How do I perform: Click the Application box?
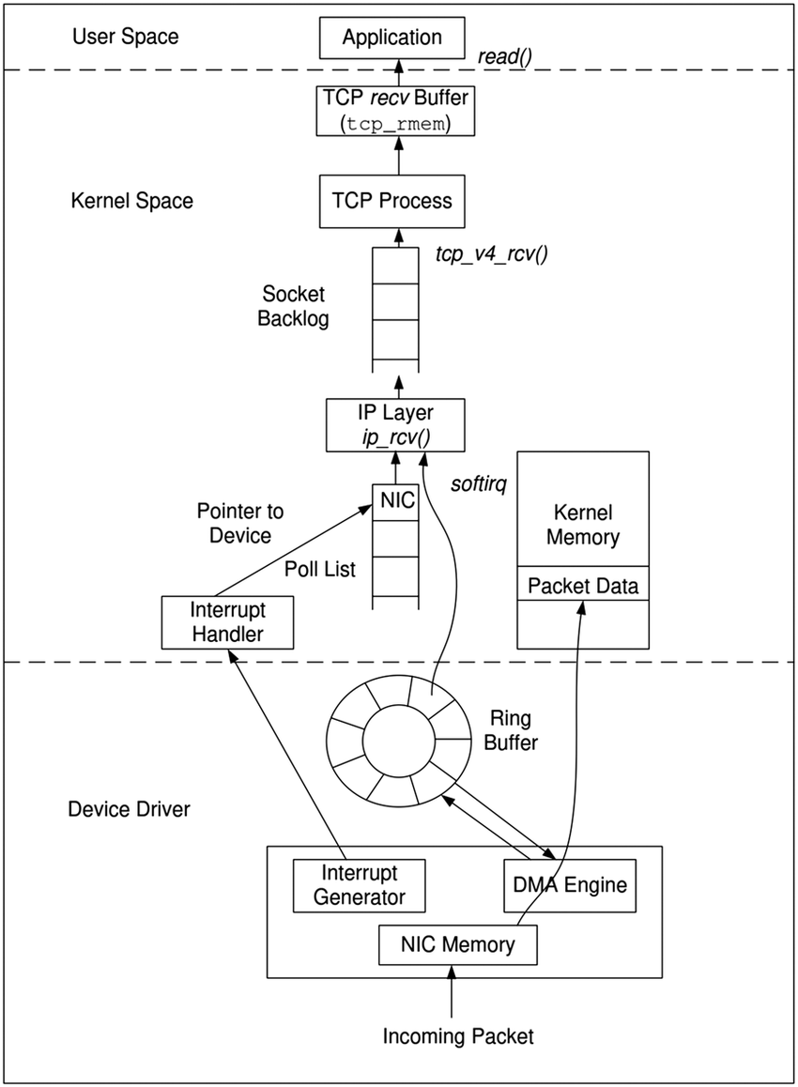point(392,38)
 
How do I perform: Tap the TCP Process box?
point(392,201)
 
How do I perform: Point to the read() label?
point(505,56)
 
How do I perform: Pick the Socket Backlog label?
point(294,306)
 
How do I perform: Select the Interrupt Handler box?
point(228,621)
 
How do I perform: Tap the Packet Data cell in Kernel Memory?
point(582,587)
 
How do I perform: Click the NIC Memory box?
point(457,944)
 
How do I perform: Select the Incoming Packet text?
point(457,1036)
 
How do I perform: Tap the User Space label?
point(125,38)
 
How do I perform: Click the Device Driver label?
point(130,808)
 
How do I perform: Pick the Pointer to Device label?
point(239,524)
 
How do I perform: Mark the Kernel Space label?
point(131,201)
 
